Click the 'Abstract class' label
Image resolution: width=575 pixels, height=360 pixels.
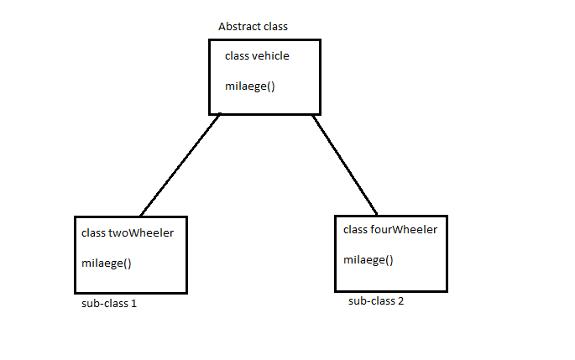point(253,26)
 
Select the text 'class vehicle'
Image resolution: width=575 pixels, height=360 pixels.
point(258,56)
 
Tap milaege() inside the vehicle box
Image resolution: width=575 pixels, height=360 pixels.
point(250,85)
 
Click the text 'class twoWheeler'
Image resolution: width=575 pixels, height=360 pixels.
point(128,232)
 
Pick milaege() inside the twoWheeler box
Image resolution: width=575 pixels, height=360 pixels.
point(107,263)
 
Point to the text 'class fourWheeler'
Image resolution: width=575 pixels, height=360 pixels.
point(390,229)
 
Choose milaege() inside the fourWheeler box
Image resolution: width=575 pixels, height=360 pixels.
point(369,259)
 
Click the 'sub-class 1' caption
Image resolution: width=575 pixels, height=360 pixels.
point(108,304)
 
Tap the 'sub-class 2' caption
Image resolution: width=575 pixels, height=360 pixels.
point(376,300)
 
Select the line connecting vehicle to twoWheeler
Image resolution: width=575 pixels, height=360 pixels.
point(180,164)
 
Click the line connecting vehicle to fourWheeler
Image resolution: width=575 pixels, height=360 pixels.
point(345,164)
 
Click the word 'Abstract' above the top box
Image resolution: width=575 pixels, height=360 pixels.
point(238,26)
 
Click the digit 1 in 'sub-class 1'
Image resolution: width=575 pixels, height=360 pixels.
point(133,304)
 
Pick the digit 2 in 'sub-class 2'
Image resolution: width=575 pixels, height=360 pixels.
point(400,300)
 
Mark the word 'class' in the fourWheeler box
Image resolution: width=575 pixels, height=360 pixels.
point(357,229)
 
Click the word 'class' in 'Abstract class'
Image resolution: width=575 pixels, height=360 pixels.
point(274,26)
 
